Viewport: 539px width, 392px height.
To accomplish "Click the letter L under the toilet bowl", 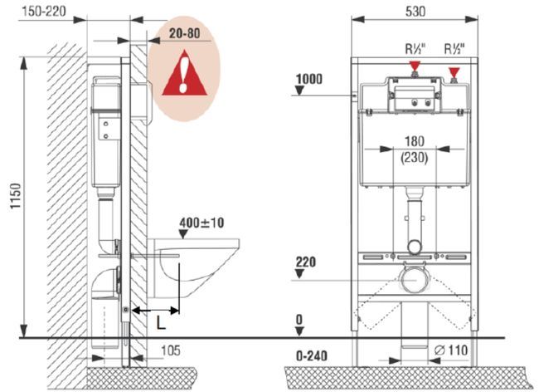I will (161, 320).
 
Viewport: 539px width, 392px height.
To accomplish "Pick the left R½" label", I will (416, 48).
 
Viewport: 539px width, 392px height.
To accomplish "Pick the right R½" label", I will (456, 48).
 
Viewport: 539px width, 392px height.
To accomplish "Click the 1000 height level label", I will (308, 79).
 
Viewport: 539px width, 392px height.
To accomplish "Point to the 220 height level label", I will (307, 262).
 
